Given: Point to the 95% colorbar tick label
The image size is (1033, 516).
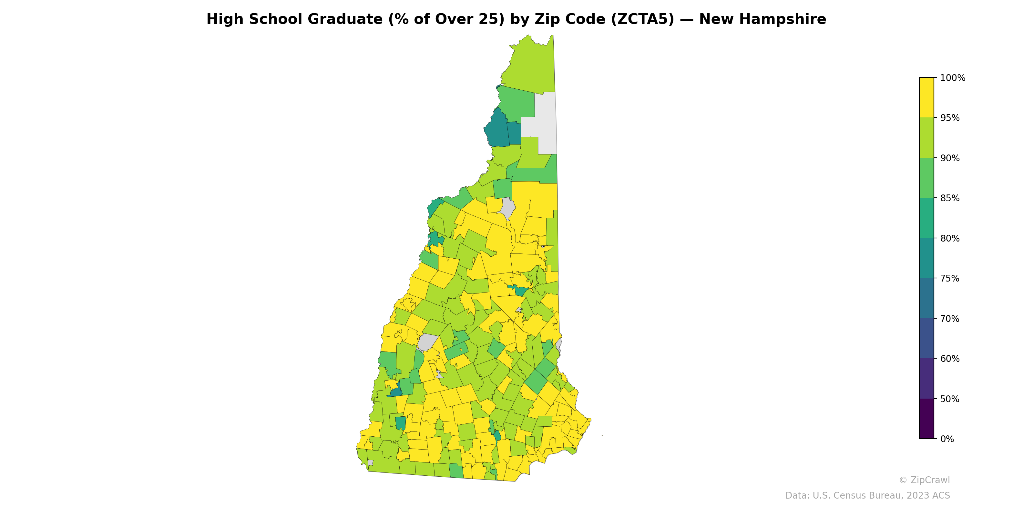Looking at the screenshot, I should click(950, 118).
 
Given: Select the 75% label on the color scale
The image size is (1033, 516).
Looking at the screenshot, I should click(950, 278).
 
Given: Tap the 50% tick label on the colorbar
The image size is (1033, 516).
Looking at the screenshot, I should click(950, 399).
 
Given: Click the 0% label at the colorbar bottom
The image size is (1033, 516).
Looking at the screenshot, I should click(947, 439).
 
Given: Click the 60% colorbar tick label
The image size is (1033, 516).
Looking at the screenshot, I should click(950, 359).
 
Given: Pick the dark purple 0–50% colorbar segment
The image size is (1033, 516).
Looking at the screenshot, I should click(926, 419).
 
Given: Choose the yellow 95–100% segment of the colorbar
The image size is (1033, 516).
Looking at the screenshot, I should click(926, 97).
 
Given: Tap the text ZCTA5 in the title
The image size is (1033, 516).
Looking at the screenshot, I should click(643, 19).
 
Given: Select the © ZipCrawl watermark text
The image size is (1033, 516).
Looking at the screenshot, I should click(924, 480).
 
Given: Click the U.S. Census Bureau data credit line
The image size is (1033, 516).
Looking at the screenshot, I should click(867, 496).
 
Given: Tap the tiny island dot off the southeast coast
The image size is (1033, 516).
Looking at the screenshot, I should click(602, 435).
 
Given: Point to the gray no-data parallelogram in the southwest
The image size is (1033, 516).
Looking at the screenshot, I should click(427, 342).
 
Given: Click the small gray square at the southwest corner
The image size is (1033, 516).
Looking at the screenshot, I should click(370, 463).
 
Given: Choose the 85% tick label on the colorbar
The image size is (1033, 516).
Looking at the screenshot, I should click(950, 198).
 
